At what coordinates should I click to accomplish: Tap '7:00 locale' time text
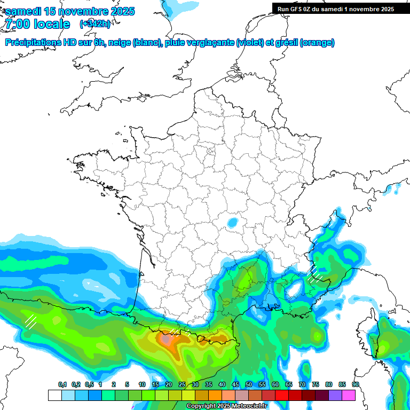(37, 24)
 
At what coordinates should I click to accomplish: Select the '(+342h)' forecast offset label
(94, 24)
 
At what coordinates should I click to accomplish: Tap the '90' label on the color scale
(355, 385)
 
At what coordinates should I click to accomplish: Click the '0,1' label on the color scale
(62, 385)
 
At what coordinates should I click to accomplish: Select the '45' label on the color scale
(235, 385)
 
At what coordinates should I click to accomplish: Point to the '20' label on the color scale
(169, 385)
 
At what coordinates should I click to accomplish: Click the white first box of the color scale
(54, 395)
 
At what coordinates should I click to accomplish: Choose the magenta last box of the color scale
(349, 395)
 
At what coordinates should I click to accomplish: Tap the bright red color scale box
(282, 395)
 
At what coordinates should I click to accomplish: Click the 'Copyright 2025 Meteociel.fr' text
(226, 406)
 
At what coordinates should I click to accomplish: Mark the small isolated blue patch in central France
(232, 222)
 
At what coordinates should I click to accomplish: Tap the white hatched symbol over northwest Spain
(30, 321)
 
